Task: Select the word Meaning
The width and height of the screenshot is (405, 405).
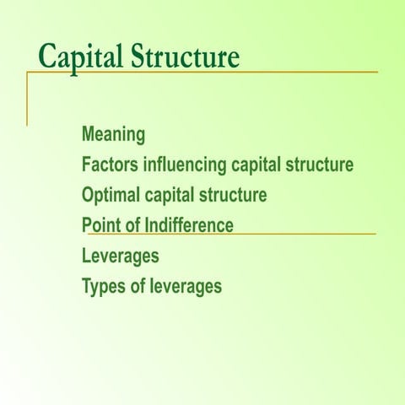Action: tap(113, 134)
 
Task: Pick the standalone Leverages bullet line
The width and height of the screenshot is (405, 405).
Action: tap(120, 256)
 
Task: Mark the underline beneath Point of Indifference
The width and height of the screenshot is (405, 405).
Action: tap(304, 234)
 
